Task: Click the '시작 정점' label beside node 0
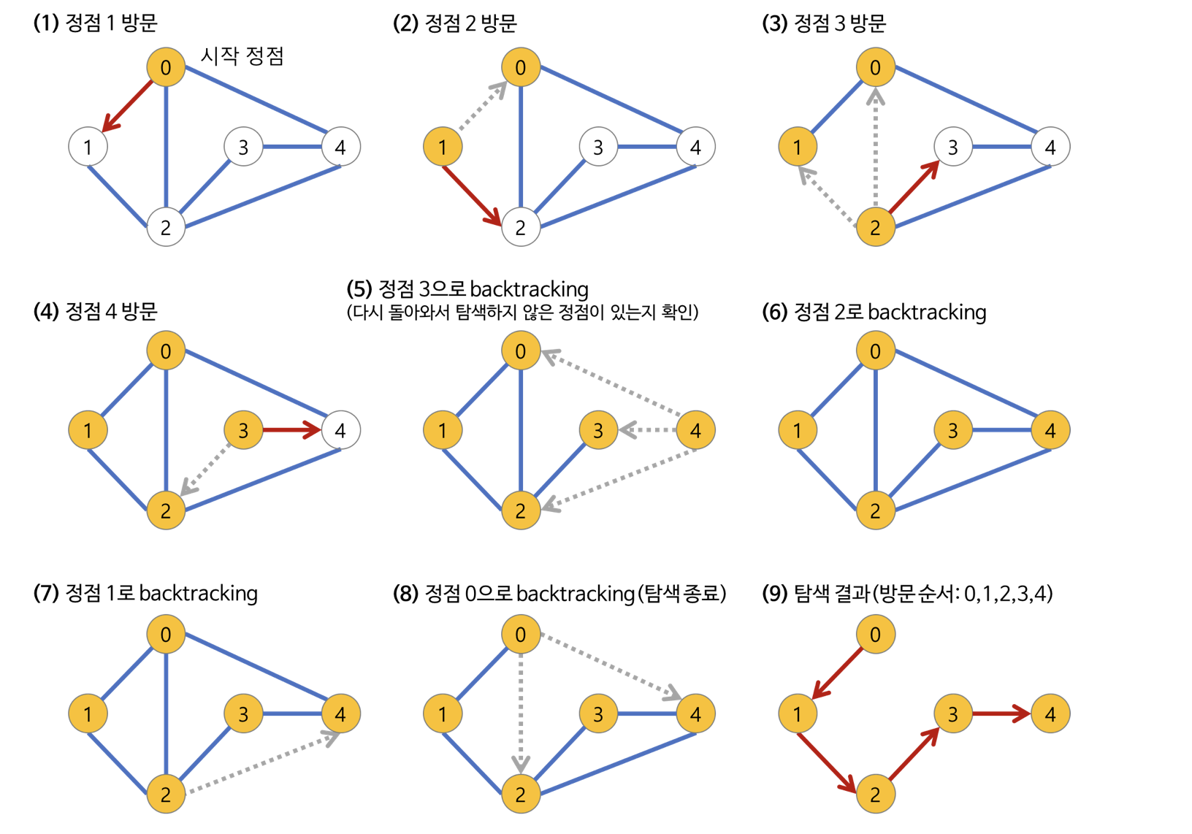click(x=242, y=56)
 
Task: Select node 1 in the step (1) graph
click(x=88, y=146)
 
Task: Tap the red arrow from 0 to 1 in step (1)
click(x=127, y=105)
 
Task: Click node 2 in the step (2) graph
click(x=521, y=226)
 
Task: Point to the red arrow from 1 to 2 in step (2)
click(x=472, y=195)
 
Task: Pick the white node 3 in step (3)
click(x=953, y=146)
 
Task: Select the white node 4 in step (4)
click(x=340, y=430)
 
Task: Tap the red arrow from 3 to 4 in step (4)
click(x=292, y=430)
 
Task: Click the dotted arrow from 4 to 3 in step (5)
click(x=647, y=430)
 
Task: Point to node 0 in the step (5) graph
click(x=521, y=351)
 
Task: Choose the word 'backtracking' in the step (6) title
click(x=927, y=313)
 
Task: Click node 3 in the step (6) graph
click(x=953, y=430)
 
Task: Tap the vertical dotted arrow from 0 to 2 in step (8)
click(x=521, y=714)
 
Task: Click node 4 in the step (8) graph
click(x=695, y=714)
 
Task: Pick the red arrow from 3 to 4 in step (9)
click(x=1001, y=714)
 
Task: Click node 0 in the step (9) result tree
click(x=875, y=634)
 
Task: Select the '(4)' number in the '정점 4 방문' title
click(x=46, y=311)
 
